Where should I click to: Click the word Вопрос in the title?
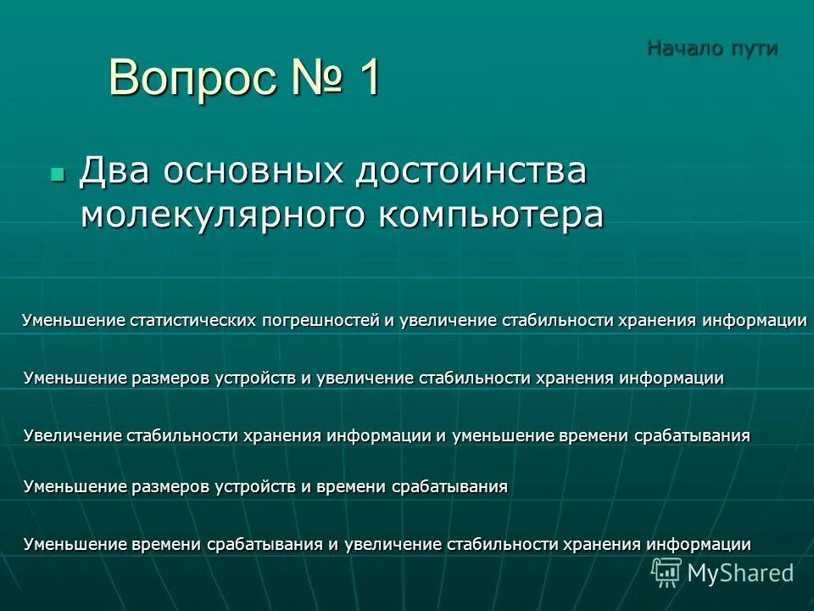[x=191, y=80]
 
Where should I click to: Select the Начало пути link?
[x=712, y=48]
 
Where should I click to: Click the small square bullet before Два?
[x=58, y=173]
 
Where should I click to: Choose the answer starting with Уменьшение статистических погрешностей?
[x=414, y=321]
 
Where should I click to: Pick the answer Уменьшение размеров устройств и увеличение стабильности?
[x=374, y=378]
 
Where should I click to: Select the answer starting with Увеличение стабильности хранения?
[x=387, y=436]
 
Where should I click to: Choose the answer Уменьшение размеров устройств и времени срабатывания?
[x=265, y=487]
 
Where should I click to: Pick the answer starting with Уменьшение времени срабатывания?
[x=387, y=545]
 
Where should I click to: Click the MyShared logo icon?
[x=666, y=572]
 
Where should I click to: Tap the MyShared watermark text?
[x=740, y=574]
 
